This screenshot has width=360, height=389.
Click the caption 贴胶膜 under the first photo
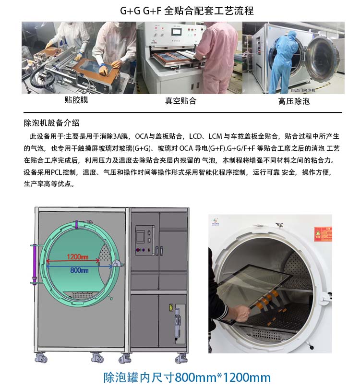point(76,100)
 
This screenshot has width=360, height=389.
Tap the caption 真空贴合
point(180,101)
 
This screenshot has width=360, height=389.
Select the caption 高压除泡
point(294,101)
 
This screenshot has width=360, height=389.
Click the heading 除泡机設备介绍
point(51,123)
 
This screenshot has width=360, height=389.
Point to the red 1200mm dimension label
point(78,256)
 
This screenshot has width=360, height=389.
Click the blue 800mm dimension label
point(79,270)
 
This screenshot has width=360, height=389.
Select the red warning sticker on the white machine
point(323,234)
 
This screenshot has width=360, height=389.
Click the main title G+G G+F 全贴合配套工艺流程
point(187,11)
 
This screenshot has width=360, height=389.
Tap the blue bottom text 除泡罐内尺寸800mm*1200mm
point(187,377)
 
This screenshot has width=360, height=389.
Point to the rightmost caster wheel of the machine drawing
point(181,359)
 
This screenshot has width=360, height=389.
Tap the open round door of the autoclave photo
point(322,57)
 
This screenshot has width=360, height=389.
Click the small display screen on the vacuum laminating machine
point(176,32)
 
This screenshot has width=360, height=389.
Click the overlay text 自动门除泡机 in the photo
point(303,91)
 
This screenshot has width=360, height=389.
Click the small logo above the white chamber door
point(215,221)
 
